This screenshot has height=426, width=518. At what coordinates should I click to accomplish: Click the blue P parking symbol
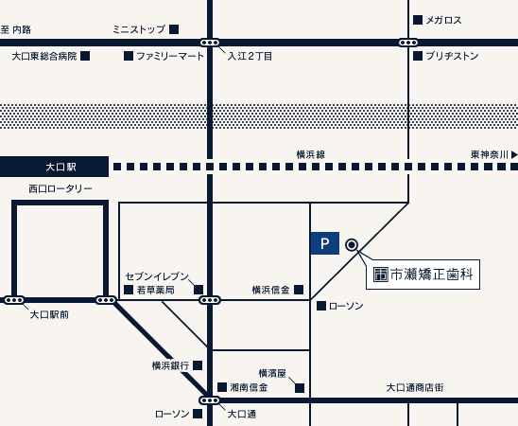(324, 244)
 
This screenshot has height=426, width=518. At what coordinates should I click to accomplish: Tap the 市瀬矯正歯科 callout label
(423, 275)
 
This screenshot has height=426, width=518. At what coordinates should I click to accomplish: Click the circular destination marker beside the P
(352, 244)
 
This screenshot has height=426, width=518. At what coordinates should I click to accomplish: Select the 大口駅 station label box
(54, 167)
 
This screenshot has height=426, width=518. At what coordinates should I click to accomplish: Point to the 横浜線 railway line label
(310, 154)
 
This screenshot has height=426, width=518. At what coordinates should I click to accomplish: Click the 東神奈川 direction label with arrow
(493, 154)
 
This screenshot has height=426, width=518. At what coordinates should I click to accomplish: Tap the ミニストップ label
(138, 29)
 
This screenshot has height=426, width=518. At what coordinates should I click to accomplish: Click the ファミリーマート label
(170, 56)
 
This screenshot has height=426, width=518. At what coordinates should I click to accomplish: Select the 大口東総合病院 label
(43, 56)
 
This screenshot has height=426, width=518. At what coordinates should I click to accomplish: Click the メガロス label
(443, 20)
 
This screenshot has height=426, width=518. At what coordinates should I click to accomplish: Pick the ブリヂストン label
(452, 56)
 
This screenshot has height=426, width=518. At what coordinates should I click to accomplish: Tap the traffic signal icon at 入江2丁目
(210, 43)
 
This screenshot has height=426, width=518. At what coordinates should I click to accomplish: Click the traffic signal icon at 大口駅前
(14, 300)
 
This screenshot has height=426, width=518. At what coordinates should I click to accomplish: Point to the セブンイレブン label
(157, 275)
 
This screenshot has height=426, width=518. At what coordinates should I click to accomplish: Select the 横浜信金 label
(270, 290)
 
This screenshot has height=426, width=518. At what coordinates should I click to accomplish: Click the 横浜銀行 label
(170, 365)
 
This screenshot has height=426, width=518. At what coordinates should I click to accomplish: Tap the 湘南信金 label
(249, 387)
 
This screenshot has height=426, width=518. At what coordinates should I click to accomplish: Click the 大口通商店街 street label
(414, 387)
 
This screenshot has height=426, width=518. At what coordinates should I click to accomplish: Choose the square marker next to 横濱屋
(300, 388)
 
